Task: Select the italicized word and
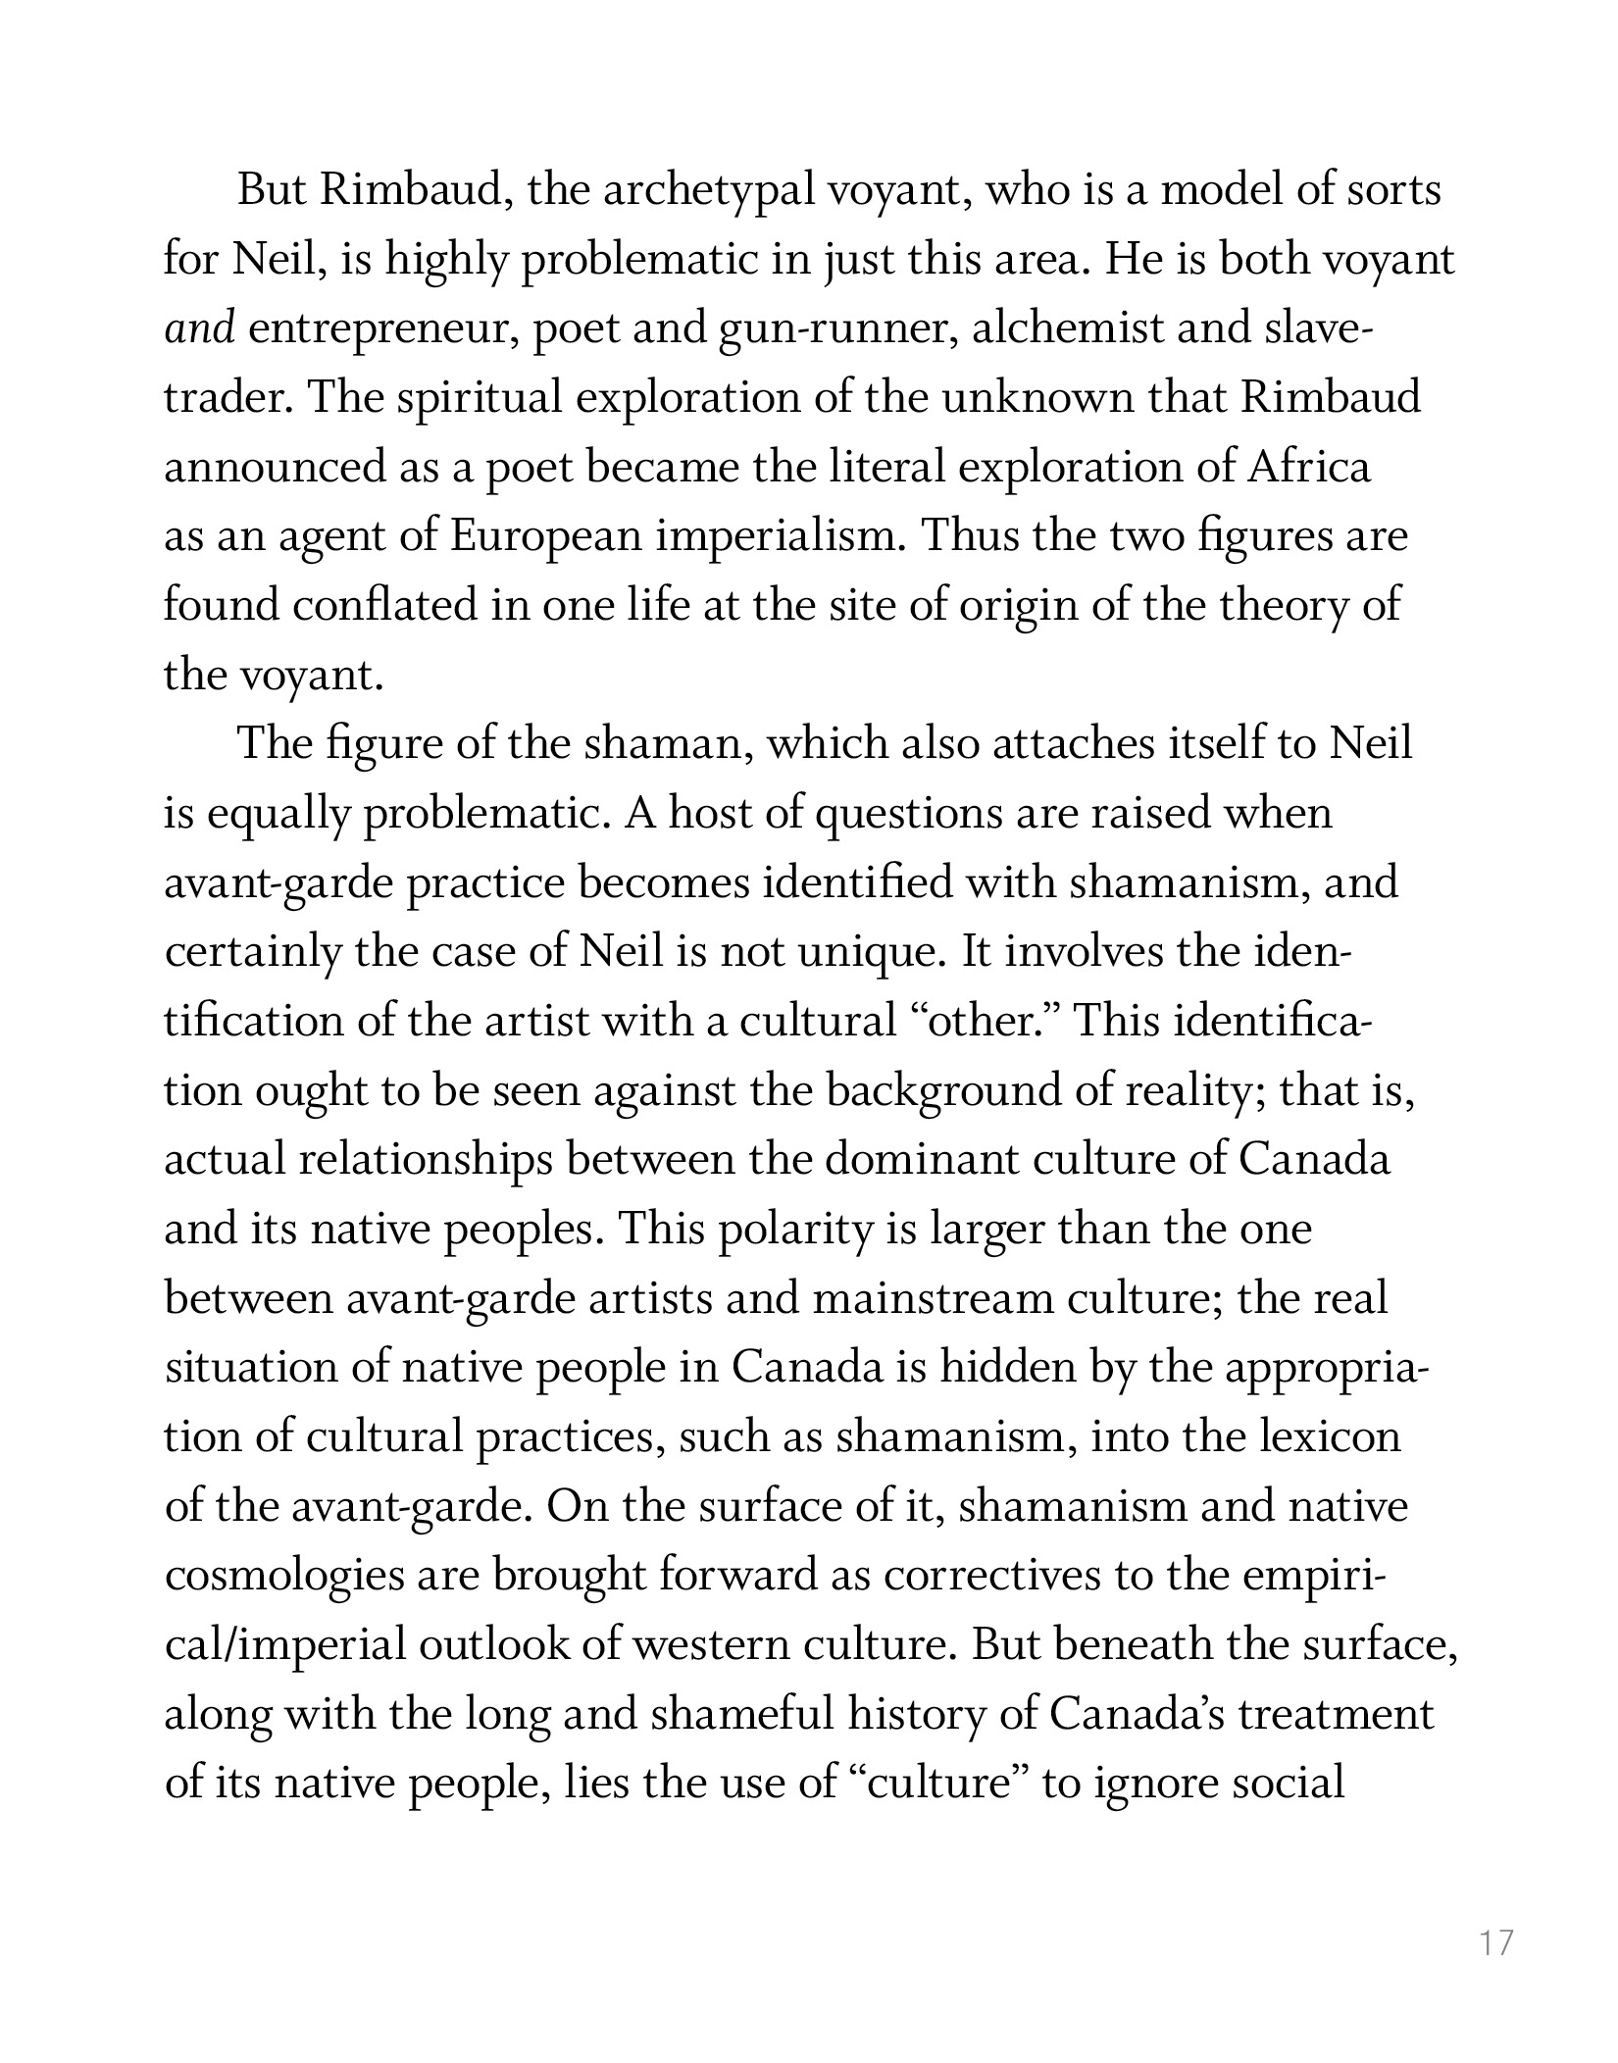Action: (200, 328)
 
